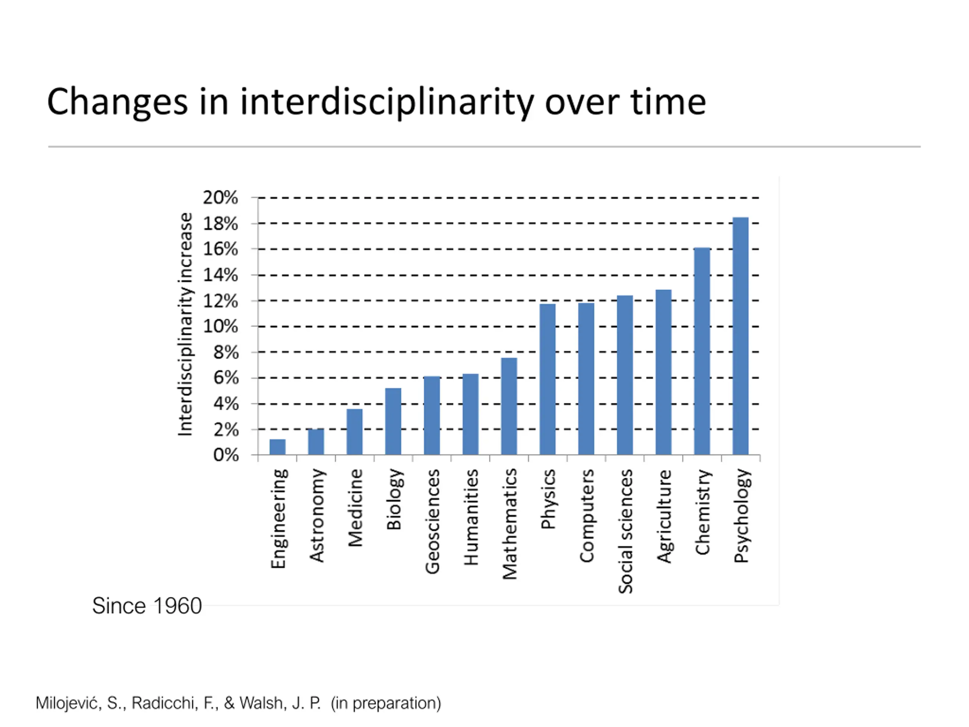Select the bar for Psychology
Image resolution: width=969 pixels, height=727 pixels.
click(740, 336)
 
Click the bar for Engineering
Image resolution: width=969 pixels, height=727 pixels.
click(277, 447)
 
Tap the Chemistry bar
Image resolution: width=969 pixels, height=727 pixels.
click(702, 351)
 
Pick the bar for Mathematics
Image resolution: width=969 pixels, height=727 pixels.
click(509, 406)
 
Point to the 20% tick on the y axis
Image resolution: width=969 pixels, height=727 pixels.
click(220, 198)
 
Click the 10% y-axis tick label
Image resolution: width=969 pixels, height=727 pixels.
click(220, 326)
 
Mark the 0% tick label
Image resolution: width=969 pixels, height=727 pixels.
click(226, 455)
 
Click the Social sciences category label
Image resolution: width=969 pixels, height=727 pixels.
click(626, 531)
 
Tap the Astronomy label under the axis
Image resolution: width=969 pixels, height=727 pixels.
click(316, 515)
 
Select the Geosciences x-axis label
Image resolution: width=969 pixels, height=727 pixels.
click(432, 521)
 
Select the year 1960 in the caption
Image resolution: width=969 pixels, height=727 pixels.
click(177, 606)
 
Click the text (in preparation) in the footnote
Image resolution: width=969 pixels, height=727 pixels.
click(386, 703)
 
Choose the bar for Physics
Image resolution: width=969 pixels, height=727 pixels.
click(548, 379)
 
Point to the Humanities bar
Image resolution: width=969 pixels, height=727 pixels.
click(470, 414)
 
